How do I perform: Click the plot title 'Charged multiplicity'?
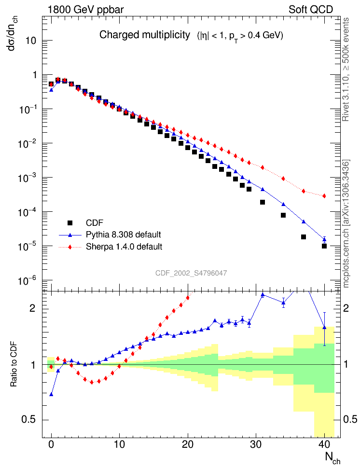tap(144, 35)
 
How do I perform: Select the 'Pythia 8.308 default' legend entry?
tap(123, 235)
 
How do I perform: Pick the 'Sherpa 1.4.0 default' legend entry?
tap(124, 247)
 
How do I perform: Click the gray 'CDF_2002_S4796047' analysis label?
tap(191, 273)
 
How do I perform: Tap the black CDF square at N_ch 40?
tap(324, 246)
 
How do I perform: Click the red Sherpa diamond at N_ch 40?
tap(324, 196)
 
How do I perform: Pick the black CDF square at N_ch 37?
tap(304, 237)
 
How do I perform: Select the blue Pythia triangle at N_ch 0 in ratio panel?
tap(51, 394)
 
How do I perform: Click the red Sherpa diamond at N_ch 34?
tap(283, 179)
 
